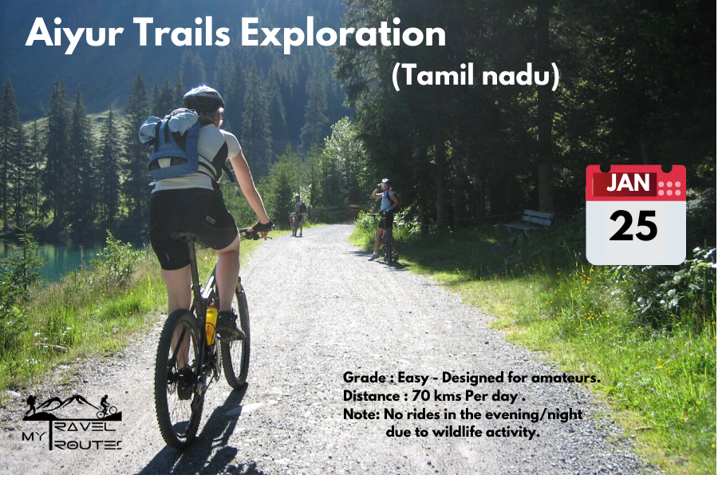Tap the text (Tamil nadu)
pyautogui.click(x=475, y=75)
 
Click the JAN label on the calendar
pyautogui.click(x=628, y=183)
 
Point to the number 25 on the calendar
pyautogui.click(x=633, y=226)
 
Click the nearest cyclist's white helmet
pyautogui.click(x=203, y=97)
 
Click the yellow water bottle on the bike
pyautogui.click(x=211, y=325)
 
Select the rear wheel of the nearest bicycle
pyautogui.click(x=179, y=378)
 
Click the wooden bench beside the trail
pyautogui.click(x=531, y=221)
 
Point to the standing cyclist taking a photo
pyautogui.click(x=385, y=219)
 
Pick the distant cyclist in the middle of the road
pyautogui.click(x=298, y=215)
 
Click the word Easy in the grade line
pyautogui.click(x=413, y=378)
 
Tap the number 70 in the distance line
pyautogui.click(x=420, y=396)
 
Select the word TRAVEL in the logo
pyautogui.click(x=85, y=427)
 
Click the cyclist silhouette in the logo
pyautogui.click(x=107, y=407)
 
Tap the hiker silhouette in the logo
pyautogui.click(x=32, y=406)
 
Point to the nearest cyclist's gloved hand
pyautogui.click(x=263, y=226)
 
